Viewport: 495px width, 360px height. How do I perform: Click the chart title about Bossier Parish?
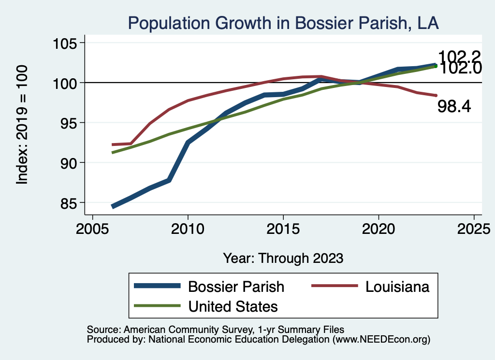pyautogui.click(x=283, y=23)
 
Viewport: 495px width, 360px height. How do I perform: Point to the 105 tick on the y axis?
pyautogui.click(x=66, y=43)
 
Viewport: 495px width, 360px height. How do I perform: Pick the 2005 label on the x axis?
pyautogui.click(x=92, y=229)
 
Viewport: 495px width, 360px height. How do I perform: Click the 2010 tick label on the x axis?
pyautogui.click(x=188, y=229)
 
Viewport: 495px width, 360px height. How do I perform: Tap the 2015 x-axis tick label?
pyautogui.click(x=283, y=229)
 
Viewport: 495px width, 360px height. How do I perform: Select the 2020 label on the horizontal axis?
pyautogui.click(x=378, y=229)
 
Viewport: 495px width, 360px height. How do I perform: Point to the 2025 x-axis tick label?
pyautogui.click(x=473, y=229)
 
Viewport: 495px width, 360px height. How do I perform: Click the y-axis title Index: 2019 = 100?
pyautogui.click(x=22, y=124)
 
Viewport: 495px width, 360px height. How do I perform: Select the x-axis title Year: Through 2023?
pyautogui.click(x=283, y=258)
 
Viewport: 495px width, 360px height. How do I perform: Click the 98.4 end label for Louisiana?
pyautogui.click(x=454, y=107)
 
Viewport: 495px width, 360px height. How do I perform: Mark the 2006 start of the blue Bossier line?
pyautogui.click(x=113, y=207)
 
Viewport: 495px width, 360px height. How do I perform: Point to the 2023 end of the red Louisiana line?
pyautogui.click(x=436, y=95)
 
